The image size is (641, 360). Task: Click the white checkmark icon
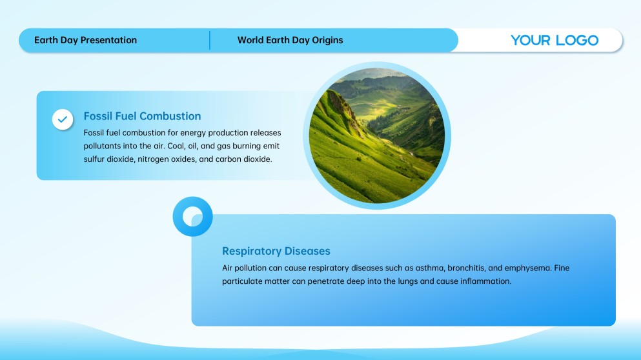tap(63, 119)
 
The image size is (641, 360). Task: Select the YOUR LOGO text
tap(555, 40)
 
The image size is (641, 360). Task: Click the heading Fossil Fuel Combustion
tap(142, 116)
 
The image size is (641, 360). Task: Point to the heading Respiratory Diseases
tap(276, 251)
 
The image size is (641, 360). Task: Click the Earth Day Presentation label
tap(85, 40)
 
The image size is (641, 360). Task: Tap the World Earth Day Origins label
tap(290, 40)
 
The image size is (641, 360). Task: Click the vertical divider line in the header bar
tap(210, 40)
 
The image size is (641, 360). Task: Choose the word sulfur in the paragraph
tap(94, 159)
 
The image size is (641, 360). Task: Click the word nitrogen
tap(152, 159)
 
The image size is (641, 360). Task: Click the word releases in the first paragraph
tap(266, 133)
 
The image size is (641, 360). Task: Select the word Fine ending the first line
tap(562, 268)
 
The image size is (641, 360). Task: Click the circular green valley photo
tap(377, 135)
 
